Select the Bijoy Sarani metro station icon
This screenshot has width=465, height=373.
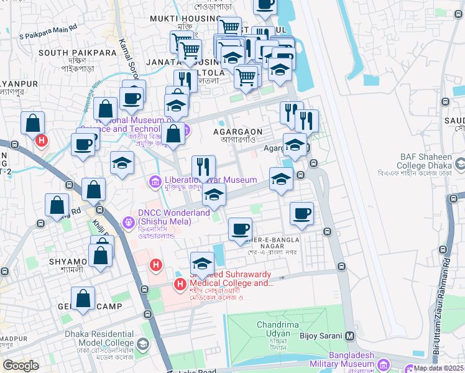(349, 336)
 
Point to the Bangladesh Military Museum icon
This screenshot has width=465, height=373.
(383, 363)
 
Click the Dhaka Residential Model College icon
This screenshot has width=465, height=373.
(143, 344)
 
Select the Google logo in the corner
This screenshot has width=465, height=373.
(21, 366)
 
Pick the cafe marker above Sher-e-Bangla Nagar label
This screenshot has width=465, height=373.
(240, 229)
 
